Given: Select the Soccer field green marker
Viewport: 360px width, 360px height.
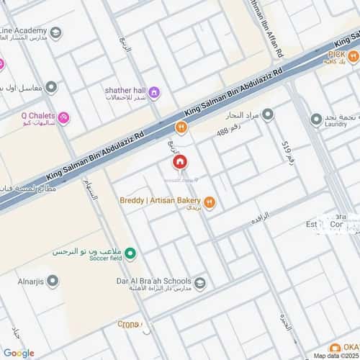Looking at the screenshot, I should (130, 253).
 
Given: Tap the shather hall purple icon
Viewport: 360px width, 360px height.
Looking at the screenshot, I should (155, 91).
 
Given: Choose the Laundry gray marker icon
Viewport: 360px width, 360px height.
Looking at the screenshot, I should (316, 119).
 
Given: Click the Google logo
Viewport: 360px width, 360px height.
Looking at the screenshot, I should (18, 352).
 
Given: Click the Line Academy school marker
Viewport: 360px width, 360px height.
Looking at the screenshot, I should (55, 31).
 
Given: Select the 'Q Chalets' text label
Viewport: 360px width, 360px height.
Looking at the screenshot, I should (36, 114).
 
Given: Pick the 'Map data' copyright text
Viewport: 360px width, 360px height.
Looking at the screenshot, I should (336, 355).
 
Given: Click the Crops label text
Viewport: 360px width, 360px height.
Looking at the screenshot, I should (128, 325).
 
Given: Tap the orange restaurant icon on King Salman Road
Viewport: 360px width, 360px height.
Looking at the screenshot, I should (181, 127).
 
